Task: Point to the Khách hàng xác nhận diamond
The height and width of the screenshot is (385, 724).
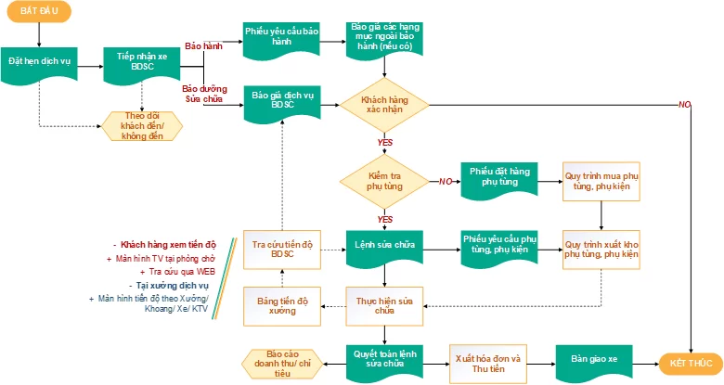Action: (x=384, y=104)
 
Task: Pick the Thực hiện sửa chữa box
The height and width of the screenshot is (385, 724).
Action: (x=384, y=305)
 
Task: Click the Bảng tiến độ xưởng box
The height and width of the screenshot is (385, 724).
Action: (x=282, y=305)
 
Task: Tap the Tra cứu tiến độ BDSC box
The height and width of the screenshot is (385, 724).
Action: (x=282, y=249)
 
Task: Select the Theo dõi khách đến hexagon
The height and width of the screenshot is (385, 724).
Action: (x=142, y=125)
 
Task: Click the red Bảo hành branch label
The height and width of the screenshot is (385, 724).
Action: (x=203, y=45)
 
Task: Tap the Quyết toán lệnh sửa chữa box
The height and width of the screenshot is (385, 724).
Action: (x=384, y=361)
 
